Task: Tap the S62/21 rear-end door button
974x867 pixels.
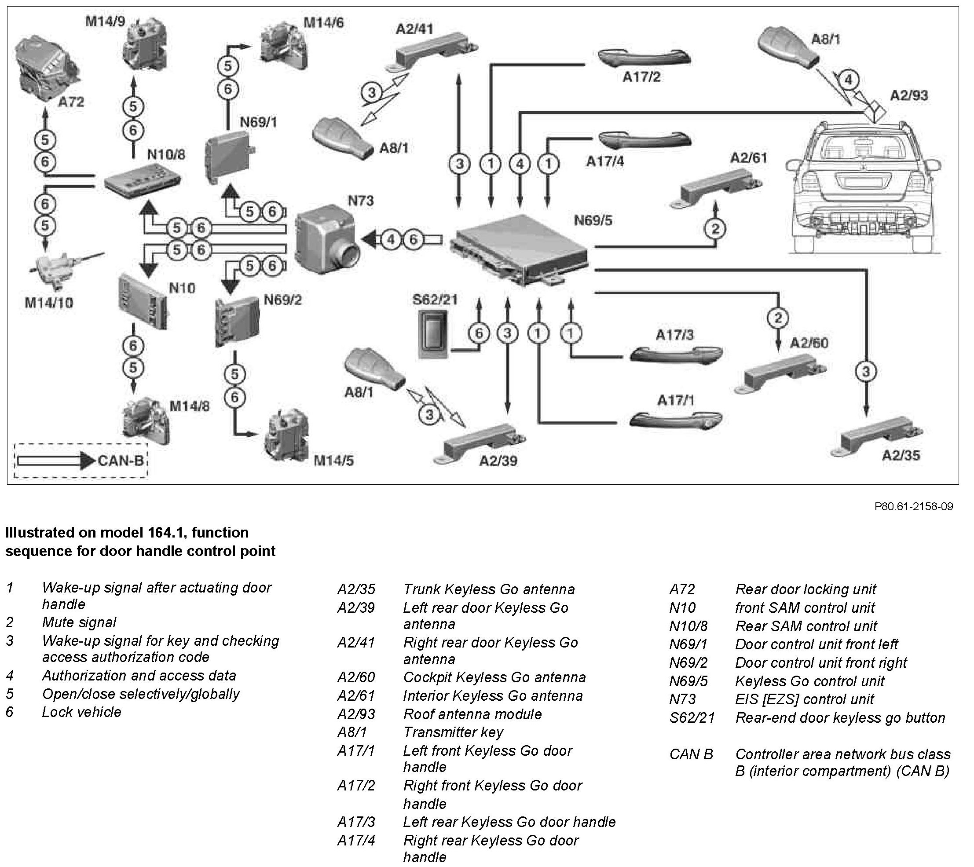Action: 433,335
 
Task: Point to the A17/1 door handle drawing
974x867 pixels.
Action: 675,419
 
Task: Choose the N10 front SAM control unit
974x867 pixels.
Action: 142,300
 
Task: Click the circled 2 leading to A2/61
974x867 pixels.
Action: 715,229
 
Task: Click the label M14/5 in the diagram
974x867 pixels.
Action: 333,461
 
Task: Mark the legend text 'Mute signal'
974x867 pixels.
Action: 79,622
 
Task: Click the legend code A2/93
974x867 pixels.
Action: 356,714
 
